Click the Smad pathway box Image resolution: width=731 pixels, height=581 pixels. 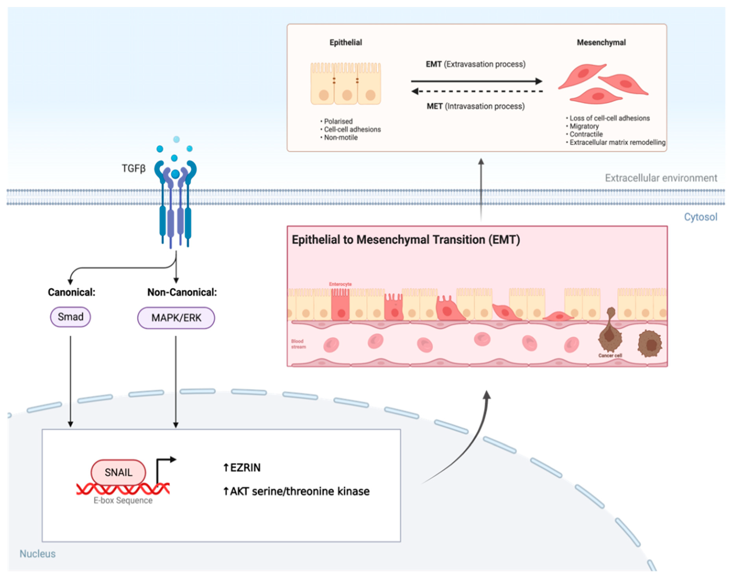click(x=70, y=317)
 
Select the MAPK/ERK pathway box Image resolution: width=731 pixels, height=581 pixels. click(x=176, y=318)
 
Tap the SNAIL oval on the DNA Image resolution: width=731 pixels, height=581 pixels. click(x=118, y=472)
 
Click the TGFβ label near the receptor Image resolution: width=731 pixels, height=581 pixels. click(x=134, y=169)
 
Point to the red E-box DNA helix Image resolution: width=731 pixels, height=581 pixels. click(x=123, y=489)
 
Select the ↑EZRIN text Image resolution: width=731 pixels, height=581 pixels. click(x=242, y=468)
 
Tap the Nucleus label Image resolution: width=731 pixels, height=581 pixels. click(x=37, y=554)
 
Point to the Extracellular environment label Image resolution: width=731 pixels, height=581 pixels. click(x=661, y=178)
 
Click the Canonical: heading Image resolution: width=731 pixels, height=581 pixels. click(x=71, y=292)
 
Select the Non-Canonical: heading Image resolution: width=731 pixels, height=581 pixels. click(x=182, y=292)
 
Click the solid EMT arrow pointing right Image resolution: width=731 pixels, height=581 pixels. click(x=476, y=81)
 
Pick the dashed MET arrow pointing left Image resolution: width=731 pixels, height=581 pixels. click(x=476, y=91)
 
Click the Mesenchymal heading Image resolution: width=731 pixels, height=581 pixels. click(x=601, y=42)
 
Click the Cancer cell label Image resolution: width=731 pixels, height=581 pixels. click(x=610, y=356)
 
